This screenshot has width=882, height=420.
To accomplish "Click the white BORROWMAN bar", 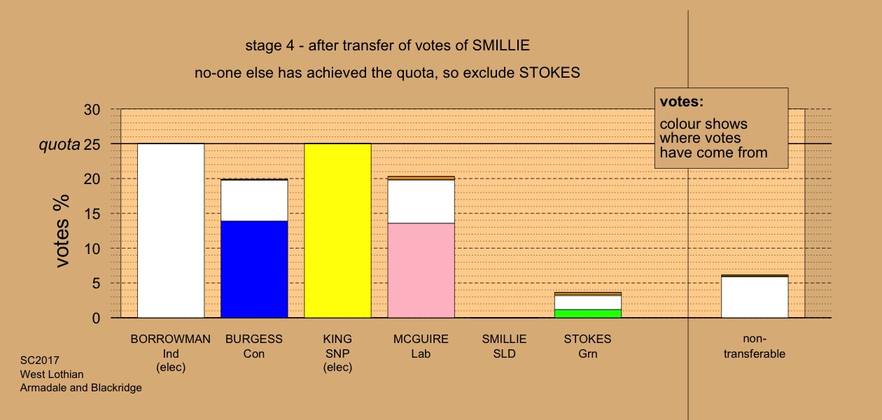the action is [x=171, y=231].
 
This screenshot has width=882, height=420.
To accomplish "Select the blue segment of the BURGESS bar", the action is [x=254, y=269].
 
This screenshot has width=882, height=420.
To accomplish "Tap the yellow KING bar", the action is [x=338, y=231].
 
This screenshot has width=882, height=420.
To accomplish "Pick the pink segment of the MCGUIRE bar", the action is [x=421, y=270].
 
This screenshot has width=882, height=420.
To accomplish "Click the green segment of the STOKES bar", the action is [x=588, y=314].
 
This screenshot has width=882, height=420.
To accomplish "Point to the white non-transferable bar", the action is [x=755, y=297].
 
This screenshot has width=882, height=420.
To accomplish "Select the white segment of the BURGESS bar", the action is [x=254, y=200].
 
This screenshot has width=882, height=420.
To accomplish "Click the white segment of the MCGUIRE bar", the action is [x=421, y=202].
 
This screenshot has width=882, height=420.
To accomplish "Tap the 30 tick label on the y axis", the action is [x=92, y=110].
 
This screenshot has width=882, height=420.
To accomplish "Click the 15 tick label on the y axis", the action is [x=92, y=214].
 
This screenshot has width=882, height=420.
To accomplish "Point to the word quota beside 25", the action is [x=59, y=145].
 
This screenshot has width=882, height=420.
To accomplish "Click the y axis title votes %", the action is [x=62, y=231].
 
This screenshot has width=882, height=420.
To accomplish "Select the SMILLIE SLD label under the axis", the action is [x=505, y=346].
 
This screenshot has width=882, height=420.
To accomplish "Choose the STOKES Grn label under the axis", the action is [x=588, y=346].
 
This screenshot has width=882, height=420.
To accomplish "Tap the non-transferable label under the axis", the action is [x=755, y=346].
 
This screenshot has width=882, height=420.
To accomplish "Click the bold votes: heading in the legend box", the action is [x=682, y=101].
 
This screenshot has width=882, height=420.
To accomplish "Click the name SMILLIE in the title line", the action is [x=501, y=45].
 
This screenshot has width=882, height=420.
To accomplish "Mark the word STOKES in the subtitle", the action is [x=549, y=73].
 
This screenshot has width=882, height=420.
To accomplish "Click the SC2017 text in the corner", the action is [x=40, y=360].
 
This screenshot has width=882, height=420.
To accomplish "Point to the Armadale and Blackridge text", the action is [x=81, y=388].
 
